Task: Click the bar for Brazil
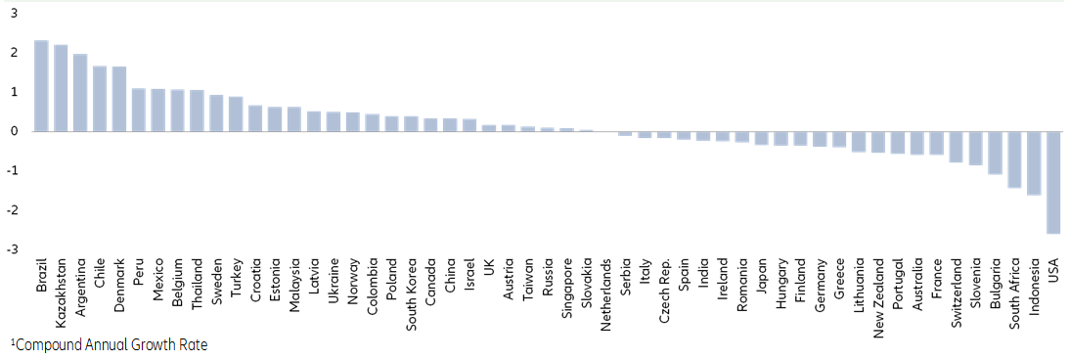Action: [x=41, y=86]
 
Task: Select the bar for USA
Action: [x=1053, y=182]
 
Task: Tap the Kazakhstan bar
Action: [x=61, y=88]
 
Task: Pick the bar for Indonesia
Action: [x=1034, y=162]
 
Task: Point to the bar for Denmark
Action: [x=119, y=99]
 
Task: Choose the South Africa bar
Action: [x=1014, y=158]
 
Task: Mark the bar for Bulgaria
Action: [x=995, y=153]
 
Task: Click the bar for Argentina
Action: [x=80, y=93]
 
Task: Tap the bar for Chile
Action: [x=100, y=99]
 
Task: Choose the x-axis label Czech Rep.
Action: [x=665, y=284]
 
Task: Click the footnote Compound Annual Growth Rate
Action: [x=111, y=344]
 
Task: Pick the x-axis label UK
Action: [x=490, y=265]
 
